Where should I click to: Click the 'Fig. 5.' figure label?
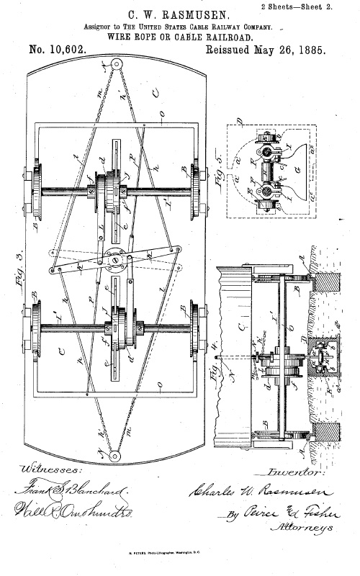click(214, 172)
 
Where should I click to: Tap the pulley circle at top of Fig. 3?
click(114, 66)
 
